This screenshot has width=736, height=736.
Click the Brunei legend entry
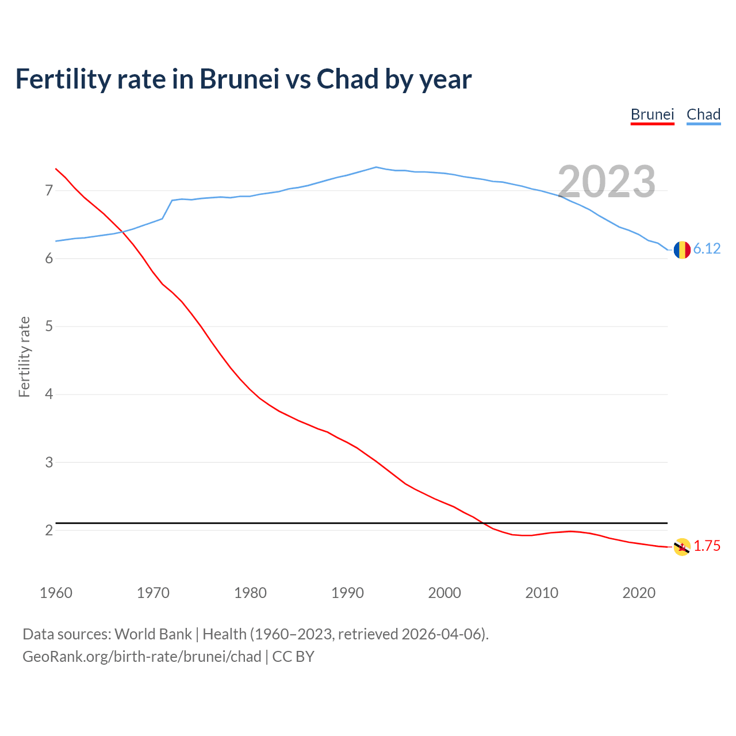(652, 114)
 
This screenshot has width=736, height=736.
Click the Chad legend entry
(703, 114)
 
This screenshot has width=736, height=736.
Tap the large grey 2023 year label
(607, 182)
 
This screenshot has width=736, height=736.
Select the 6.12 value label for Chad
(707, 248)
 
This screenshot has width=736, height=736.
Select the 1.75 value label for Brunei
(707, 546)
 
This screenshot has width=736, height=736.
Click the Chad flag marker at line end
(682, 250)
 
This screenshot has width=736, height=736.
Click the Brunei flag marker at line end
(682, 547)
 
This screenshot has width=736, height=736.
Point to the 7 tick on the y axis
(49, 190)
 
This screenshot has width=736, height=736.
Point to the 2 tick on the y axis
(49, 530)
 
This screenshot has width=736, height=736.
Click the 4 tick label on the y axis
(49, 394)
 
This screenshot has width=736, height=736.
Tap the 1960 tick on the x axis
(56, 593)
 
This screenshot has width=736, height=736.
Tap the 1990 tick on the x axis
(347, 593)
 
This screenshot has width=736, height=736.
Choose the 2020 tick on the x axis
(639, 593)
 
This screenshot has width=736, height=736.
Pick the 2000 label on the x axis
(444, 593)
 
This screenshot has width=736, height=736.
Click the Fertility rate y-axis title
(24, 356)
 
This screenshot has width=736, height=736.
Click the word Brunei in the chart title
(239, 79)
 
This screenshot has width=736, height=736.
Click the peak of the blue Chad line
(376, 167)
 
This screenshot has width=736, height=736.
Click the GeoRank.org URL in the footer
(141, 656)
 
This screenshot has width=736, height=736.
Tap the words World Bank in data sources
(153, 634)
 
